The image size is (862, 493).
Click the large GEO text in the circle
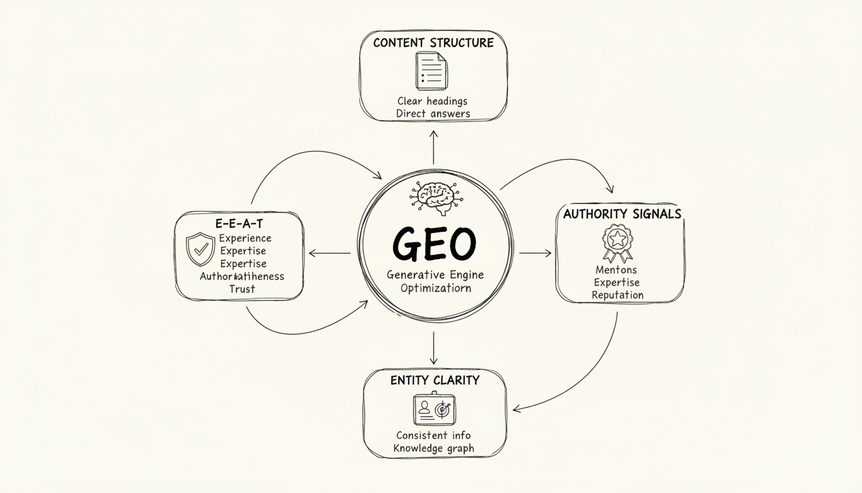435,245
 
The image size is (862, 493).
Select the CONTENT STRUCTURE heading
433,43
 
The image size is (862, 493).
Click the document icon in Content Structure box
431,71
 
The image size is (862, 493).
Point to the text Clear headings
432,101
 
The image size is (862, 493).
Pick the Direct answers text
433,114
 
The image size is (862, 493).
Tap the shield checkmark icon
199,249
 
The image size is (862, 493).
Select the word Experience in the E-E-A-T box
245,238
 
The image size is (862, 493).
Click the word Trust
242,289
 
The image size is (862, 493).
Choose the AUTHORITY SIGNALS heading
621,214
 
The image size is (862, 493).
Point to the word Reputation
618,295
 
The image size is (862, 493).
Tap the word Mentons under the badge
616,270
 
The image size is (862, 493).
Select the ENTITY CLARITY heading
434,380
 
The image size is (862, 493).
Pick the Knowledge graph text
434,448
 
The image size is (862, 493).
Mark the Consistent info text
434,435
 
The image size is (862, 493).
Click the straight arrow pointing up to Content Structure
434,148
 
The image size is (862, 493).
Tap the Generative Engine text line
435,275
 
